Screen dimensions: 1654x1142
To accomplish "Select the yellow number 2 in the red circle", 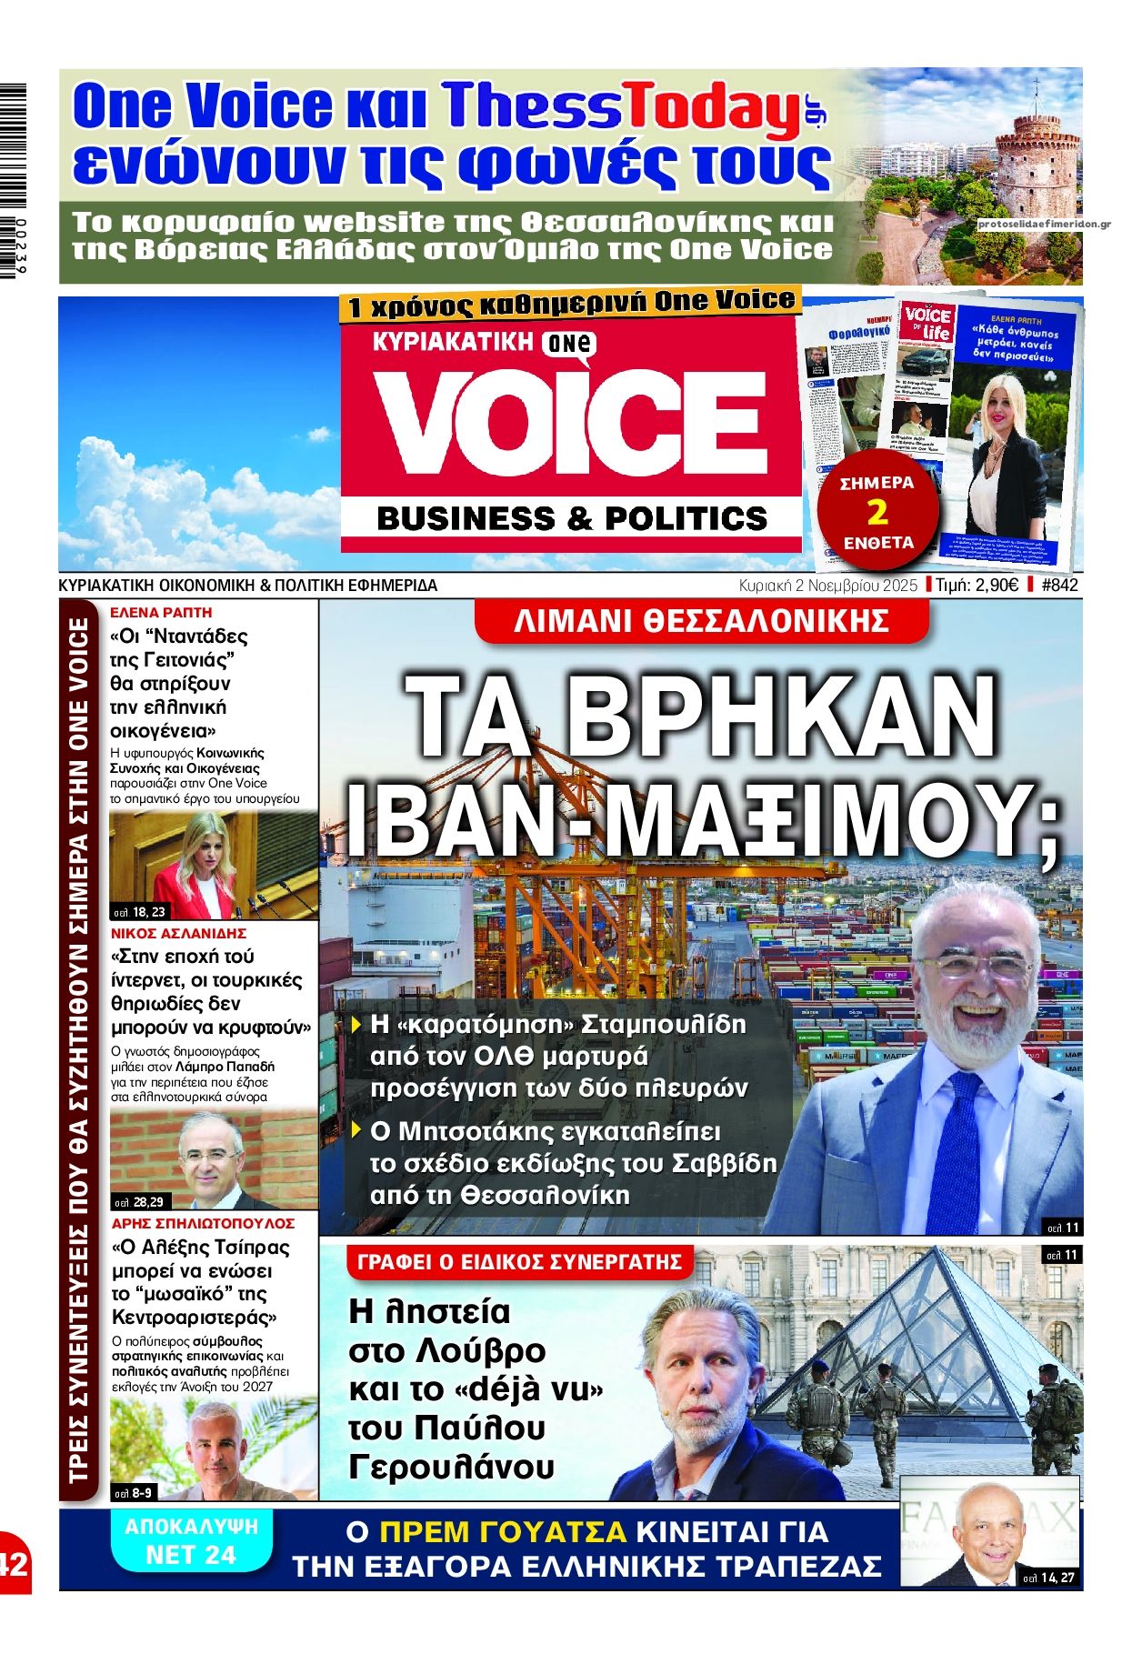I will coord(877,513).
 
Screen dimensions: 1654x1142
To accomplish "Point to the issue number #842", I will coord(1058,586).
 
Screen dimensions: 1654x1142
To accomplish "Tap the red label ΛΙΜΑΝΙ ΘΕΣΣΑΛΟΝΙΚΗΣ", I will coord(701,621).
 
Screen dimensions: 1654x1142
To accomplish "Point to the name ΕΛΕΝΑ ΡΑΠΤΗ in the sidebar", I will coord(161,613).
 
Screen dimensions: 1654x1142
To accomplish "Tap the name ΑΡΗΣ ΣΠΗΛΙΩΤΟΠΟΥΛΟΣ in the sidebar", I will coord(204,1224).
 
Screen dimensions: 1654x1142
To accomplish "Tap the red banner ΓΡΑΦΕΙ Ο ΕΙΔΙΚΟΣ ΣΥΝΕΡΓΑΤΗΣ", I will coord(519,1262).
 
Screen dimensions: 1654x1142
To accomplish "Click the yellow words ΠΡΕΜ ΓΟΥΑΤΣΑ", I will coord(503,1532).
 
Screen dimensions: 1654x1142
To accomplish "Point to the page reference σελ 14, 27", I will coord(1048,1578).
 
